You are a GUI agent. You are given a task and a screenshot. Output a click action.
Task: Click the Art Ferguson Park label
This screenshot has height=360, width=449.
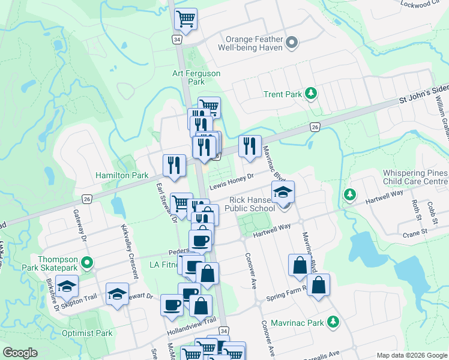click(x=196, y=77)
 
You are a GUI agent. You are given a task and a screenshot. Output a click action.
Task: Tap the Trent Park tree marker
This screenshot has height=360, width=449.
click(x=311, y=93)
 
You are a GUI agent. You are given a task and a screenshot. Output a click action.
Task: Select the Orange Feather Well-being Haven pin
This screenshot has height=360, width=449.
click(x=292, y=42)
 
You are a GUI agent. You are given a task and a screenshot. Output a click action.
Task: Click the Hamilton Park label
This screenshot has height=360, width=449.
click(x=122, y=175)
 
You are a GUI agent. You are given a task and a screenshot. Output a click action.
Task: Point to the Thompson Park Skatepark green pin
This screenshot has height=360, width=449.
click(x=88, y=262)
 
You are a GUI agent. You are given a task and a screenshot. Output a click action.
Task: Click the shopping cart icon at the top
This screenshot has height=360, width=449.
click(x=186, y=18)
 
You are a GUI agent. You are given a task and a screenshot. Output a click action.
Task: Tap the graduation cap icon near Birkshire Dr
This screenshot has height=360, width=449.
click(x=67, y=286)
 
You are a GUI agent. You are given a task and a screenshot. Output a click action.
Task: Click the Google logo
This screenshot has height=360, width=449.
click(x=20, y=353)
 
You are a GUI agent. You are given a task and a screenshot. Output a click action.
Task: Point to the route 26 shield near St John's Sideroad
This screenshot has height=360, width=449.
click(x=315, y=127)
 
